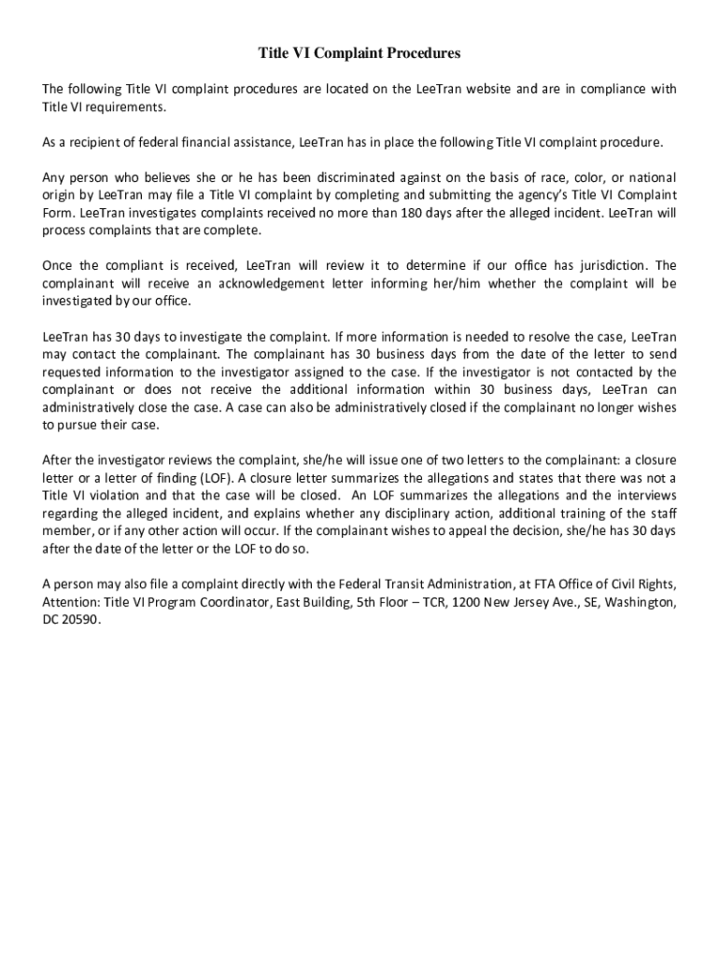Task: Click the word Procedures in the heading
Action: point(417,54)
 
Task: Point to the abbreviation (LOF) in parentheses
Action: point(212,478)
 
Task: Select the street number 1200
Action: point(455,602)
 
